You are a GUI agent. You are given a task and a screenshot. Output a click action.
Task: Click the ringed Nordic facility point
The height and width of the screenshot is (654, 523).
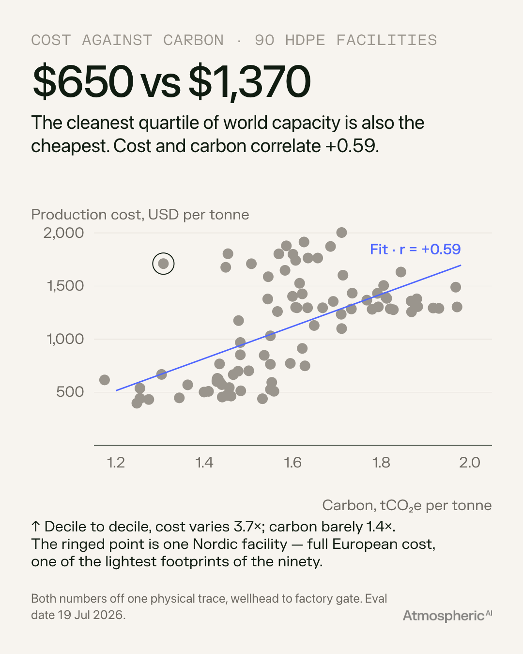coord(163,264)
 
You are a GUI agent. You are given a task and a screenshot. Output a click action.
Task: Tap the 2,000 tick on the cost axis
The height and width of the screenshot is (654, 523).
coord(63,233)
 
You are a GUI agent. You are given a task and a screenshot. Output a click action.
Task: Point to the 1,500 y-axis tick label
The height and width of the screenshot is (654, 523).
coord(65,286)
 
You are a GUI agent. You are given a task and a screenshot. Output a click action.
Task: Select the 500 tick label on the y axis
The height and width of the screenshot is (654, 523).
coord(70,392)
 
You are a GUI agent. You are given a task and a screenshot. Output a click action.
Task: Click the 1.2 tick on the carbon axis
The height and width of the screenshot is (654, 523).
coord(116,463)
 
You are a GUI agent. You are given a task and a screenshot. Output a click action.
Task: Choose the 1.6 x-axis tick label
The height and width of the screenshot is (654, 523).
coord(292,463)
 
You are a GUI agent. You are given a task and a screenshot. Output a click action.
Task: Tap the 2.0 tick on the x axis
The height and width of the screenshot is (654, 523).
coord(470,463)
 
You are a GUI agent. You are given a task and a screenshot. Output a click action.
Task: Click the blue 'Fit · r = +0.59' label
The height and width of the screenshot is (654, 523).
coord(415,249)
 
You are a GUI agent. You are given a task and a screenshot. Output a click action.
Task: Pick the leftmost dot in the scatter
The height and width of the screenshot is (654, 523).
coord(105,380)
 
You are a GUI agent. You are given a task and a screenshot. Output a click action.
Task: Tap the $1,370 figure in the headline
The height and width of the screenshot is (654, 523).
coord(249,82)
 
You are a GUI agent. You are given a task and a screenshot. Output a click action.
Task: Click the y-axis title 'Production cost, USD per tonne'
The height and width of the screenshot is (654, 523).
coord(140,215)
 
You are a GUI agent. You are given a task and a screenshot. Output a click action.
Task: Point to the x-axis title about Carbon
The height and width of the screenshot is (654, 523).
coord(407,505)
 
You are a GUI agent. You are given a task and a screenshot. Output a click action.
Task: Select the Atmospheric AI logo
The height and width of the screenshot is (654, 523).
coord(447,616)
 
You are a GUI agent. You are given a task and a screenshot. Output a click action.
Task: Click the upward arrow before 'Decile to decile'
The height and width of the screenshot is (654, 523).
coord(35,527)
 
